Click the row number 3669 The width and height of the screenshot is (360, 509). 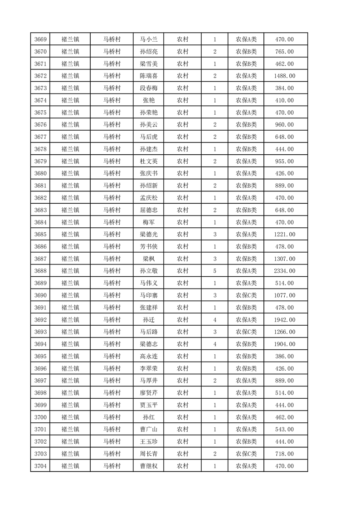(41, 39)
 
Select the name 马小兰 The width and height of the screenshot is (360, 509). (149, 39)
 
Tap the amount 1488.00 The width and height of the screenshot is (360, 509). (284, 76)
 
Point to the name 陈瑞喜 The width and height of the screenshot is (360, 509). (149, 76)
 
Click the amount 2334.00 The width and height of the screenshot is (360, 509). (284, 271)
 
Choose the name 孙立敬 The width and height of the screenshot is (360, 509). (149, 271)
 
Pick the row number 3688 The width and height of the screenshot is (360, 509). (41, 271)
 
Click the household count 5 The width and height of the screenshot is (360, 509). (214, 271)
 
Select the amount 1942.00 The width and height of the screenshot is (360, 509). (284, 320)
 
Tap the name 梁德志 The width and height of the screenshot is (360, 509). (149, 344)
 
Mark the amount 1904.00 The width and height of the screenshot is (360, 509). (284, 344)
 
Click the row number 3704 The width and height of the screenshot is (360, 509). (41, 466)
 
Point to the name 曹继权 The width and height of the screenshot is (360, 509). (149, 466)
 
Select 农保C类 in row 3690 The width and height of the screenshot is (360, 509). (246, 295)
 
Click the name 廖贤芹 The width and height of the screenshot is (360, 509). (149, 393)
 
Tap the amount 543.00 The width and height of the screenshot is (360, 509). (284, 430)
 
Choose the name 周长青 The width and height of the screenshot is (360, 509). (149, 454)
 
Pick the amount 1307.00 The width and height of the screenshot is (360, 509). (284, 259)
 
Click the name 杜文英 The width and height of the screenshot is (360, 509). (149, 162)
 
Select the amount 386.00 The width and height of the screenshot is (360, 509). (284, 357)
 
